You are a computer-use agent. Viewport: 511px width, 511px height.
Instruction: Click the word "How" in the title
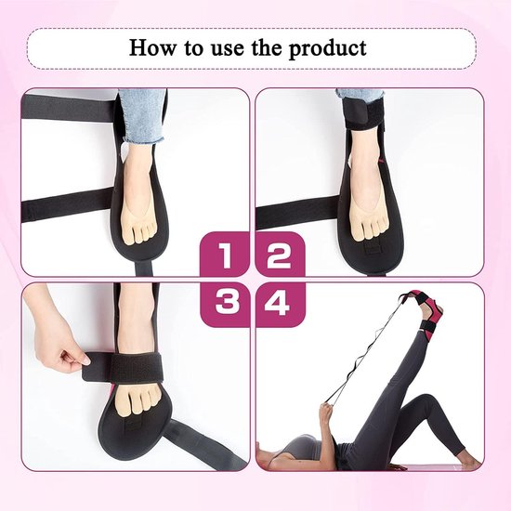click(151, 47)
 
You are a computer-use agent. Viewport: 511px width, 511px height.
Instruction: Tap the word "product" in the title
click(327, 49)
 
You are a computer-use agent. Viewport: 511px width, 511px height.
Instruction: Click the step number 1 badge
click(225, 255)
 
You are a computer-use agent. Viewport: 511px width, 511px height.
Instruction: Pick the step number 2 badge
click(280, 255)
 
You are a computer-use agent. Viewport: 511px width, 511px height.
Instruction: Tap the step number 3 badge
click(225, 304)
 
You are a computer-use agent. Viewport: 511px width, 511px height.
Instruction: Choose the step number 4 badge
click(280, 304)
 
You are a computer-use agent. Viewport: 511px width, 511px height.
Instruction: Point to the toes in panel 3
click(140, 401)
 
